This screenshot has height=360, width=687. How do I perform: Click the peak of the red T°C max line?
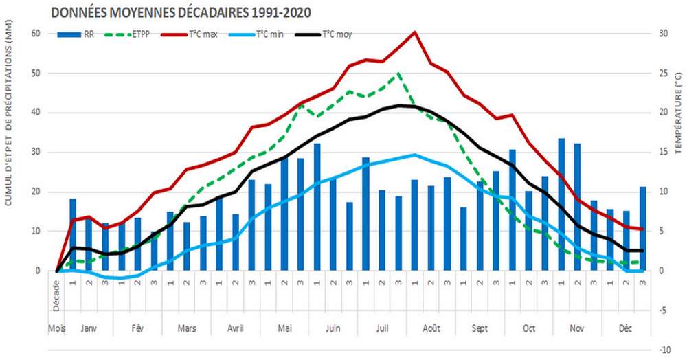click(x=414, y=32)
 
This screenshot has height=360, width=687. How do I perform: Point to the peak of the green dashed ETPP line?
click(x=398, y=73)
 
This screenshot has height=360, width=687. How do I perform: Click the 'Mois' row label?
click(x=56, y=329)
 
